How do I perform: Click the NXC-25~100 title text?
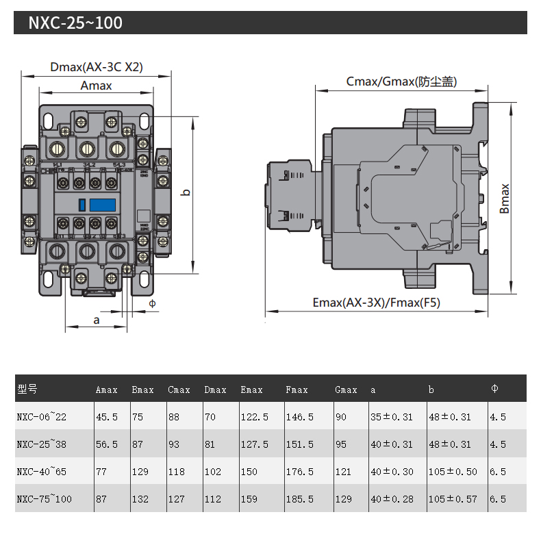(x=75, y=23)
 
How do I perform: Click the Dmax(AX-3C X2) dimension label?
(x=97, y=67)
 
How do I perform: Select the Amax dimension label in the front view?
(x=96, y=86)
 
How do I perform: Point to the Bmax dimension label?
(x=505, y=199)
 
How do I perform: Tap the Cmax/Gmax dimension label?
(x=401, y=82)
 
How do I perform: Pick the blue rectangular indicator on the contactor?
(x=101, y=204)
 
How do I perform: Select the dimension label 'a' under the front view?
(x=96, y=320)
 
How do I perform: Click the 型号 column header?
(x=27, y=389)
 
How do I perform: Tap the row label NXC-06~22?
(x=42, y=416)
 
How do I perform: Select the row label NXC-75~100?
(x=44, y=499)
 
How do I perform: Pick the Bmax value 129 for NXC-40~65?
(x=140, y=472)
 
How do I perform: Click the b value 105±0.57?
(x=452, y=499)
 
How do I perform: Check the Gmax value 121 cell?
(x=343, y=472)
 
